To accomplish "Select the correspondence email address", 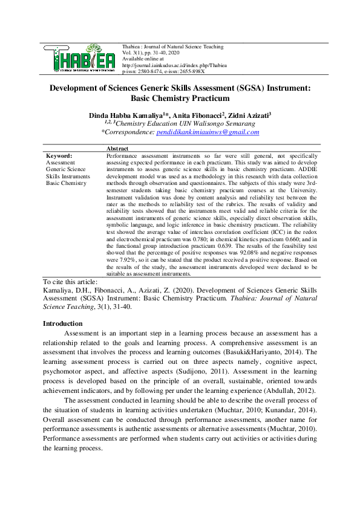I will tap(208, 131).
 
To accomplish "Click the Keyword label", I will tap(59, 155).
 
